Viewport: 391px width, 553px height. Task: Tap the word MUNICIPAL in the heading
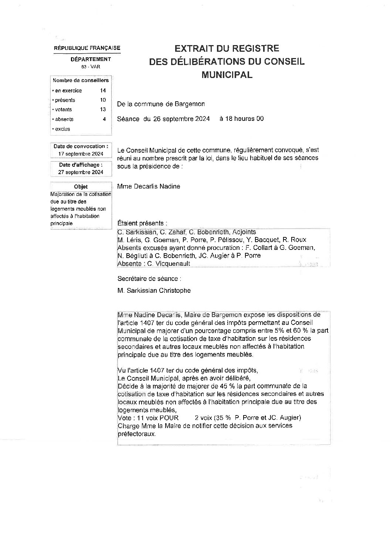click(227, 75)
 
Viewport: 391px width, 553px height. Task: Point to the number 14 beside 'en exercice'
click(103, 91)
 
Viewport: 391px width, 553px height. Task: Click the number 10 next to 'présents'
click(103, 100)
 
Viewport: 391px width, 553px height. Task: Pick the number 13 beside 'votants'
click(103, 109)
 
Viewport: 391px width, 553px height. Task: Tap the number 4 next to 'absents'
click(104, 119)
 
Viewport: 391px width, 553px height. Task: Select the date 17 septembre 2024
click(81, 154)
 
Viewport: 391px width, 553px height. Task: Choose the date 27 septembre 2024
click(81, 172)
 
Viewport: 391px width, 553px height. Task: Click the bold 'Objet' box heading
click(81, 187)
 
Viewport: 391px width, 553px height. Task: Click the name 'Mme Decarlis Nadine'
click(149, 186)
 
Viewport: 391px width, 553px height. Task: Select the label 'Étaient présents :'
click(142, 223)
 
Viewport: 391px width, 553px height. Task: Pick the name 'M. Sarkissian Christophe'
click(154, 291)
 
